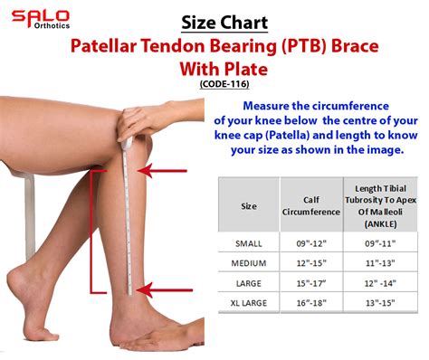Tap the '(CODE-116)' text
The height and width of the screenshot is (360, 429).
pyautogui.click(x=224, y=83)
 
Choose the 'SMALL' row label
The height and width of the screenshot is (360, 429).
pyautogui.click(x=248, y=242)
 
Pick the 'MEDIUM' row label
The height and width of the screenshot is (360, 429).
pyautogui.click(x=248, y=262)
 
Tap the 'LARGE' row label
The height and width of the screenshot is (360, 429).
pyautogui.click(x=248, y=282)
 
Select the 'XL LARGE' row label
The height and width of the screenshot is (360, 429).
pyautogui.click(x=248, y=302)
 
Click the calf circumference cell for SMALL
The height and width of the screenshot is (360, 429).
pyautogui.click(x=307, y=242)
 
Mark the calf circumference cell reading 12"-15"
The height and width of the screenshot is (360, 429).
pyautogui.click(x=307, y=262)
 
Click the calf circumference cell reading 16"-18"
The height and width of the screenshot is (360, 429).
pyautogui.click(x=307, y=302)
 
